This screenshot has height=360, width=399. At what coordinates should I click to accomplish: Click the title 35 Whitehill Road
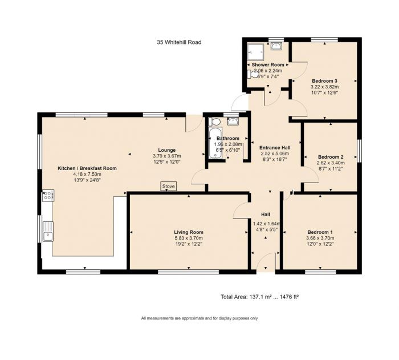(179, 42)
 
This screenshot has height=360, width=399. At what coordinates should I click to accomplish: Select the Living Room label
(189, 232)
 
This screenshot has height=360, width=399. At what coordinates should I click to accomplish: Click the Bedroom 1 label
(319, 232)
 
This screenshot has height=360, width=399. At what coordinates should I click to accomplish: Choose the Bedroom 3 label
(324, 81)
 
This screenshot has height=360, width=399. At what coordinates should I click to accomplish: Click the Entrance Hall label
(275, 147)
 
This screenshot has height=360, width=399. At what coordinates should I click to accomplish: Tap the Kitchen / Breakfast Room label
(87, 168)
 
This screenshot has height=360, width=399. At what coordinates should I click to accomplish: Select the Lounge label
(166, 150)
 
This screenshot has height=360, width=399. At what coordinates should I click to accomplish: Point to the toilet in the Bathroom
(215, 122)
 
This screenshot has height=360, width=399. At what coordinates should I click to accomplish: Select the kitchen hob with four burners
(47, 197)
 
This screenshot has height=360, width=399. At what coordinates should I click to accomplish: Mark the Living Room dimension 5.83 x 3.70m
(189, 238)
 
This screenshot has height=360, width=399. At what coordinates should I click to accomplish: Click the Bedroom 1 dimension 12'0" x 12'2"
(319, 244)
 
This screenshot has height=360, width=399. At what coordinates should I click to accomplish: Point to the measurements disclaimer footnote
(199, 318)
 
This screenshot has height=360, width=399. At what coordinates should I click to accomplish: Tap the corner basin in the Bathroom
(233, 120)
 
